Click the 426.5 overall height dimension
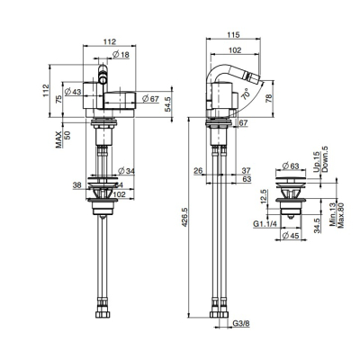(184, 217)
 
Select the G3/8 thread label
(241, 324)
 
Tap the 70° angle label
(246, 94)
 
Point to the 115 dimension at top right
(233, 35)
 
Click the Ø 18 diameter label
(121, 54)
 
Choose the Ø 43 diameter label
(73, 92)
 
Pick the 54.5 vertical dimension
(168, 104)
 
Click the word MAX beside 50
(58, 139)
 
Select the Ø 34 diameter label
(127, 171)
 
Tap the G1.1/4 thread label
(265, 224)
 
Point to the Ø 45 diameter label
(291, 236)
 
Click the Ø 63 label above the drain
(291, 166)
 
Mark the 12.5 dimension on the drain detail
(264, 197)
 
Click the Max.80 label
(340, 215)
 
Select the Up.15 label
(317, 162)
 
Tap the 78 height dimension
(268, 98)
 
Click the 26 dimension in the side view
(198, 171)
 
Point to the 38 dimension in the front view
(77, 185)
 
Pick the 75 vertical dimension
(59, 99)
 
